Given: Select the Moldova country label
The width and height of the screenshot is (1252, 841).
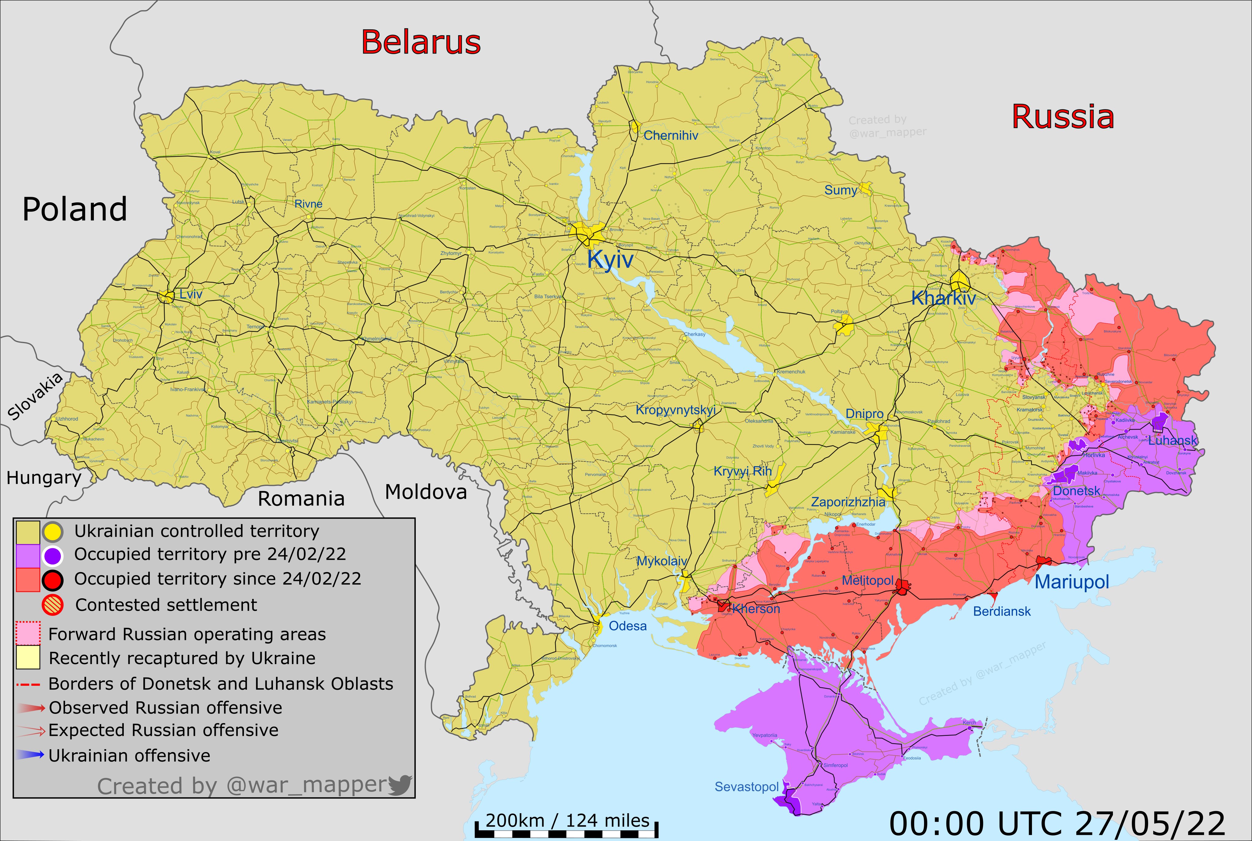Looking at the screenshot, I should coord(426,491).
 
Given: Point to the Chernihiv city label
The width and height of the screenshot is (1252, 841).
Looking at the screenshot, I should coord(671,136).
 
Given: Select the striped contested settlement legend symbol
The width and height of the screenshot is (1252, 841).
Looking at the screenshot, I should coord(53,605).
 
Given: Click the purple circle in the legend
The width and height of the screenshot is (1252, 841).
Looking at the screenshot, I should coord(53,556).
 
